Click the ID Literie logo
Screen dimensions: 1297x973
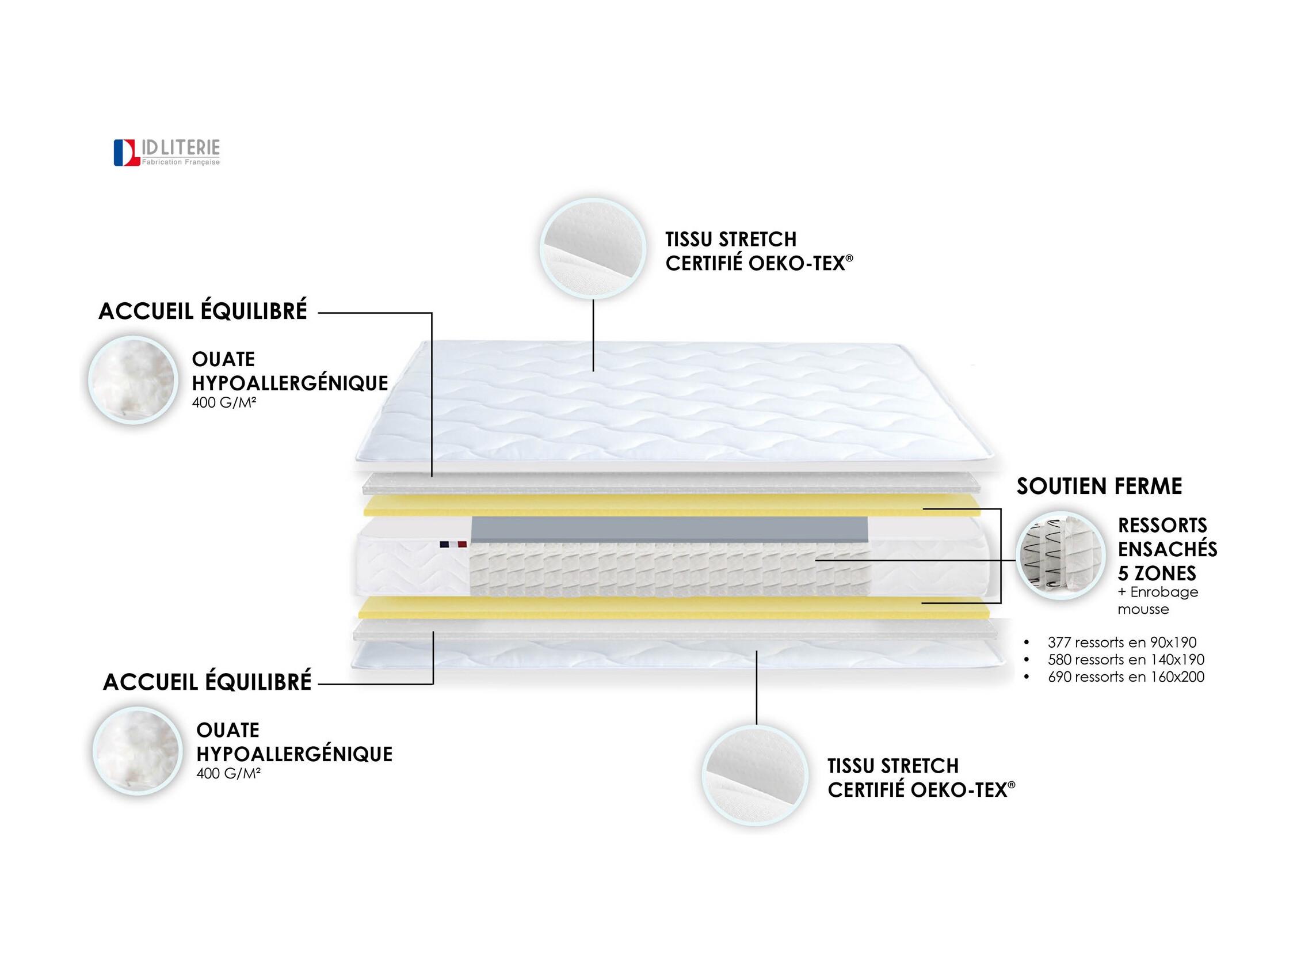pos(167,153)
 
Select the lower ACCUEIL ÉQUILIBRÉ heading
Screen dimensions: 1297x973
pos(207,682)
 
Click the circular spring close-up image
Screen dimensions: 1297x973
pos(1061,556)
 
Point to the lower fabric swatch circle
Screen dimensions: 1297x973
pos(755,776)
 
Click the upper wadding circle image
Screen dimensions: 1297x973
pos(133,380)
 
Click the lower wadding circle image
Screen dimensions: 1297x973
pos(137,751)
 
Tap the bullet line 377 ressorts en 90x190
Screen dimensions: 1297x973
pos(1122,642)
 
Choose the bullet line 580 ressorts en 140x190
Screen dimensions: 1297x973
pos(1126,660)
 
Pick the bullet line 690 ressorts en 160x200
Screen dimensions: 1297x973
pos(1126,677)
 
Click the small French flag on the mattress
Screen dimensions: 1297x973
pos(453,544)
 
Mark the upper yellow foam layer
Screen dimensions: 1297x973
pos(672,505)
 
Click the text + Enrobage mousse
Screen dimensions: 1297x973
pos(1158,600)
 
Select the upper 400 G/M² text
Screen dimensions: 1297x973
pos(224,403)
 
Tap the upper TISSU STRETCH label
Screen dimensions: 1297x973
pos(731,240)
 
